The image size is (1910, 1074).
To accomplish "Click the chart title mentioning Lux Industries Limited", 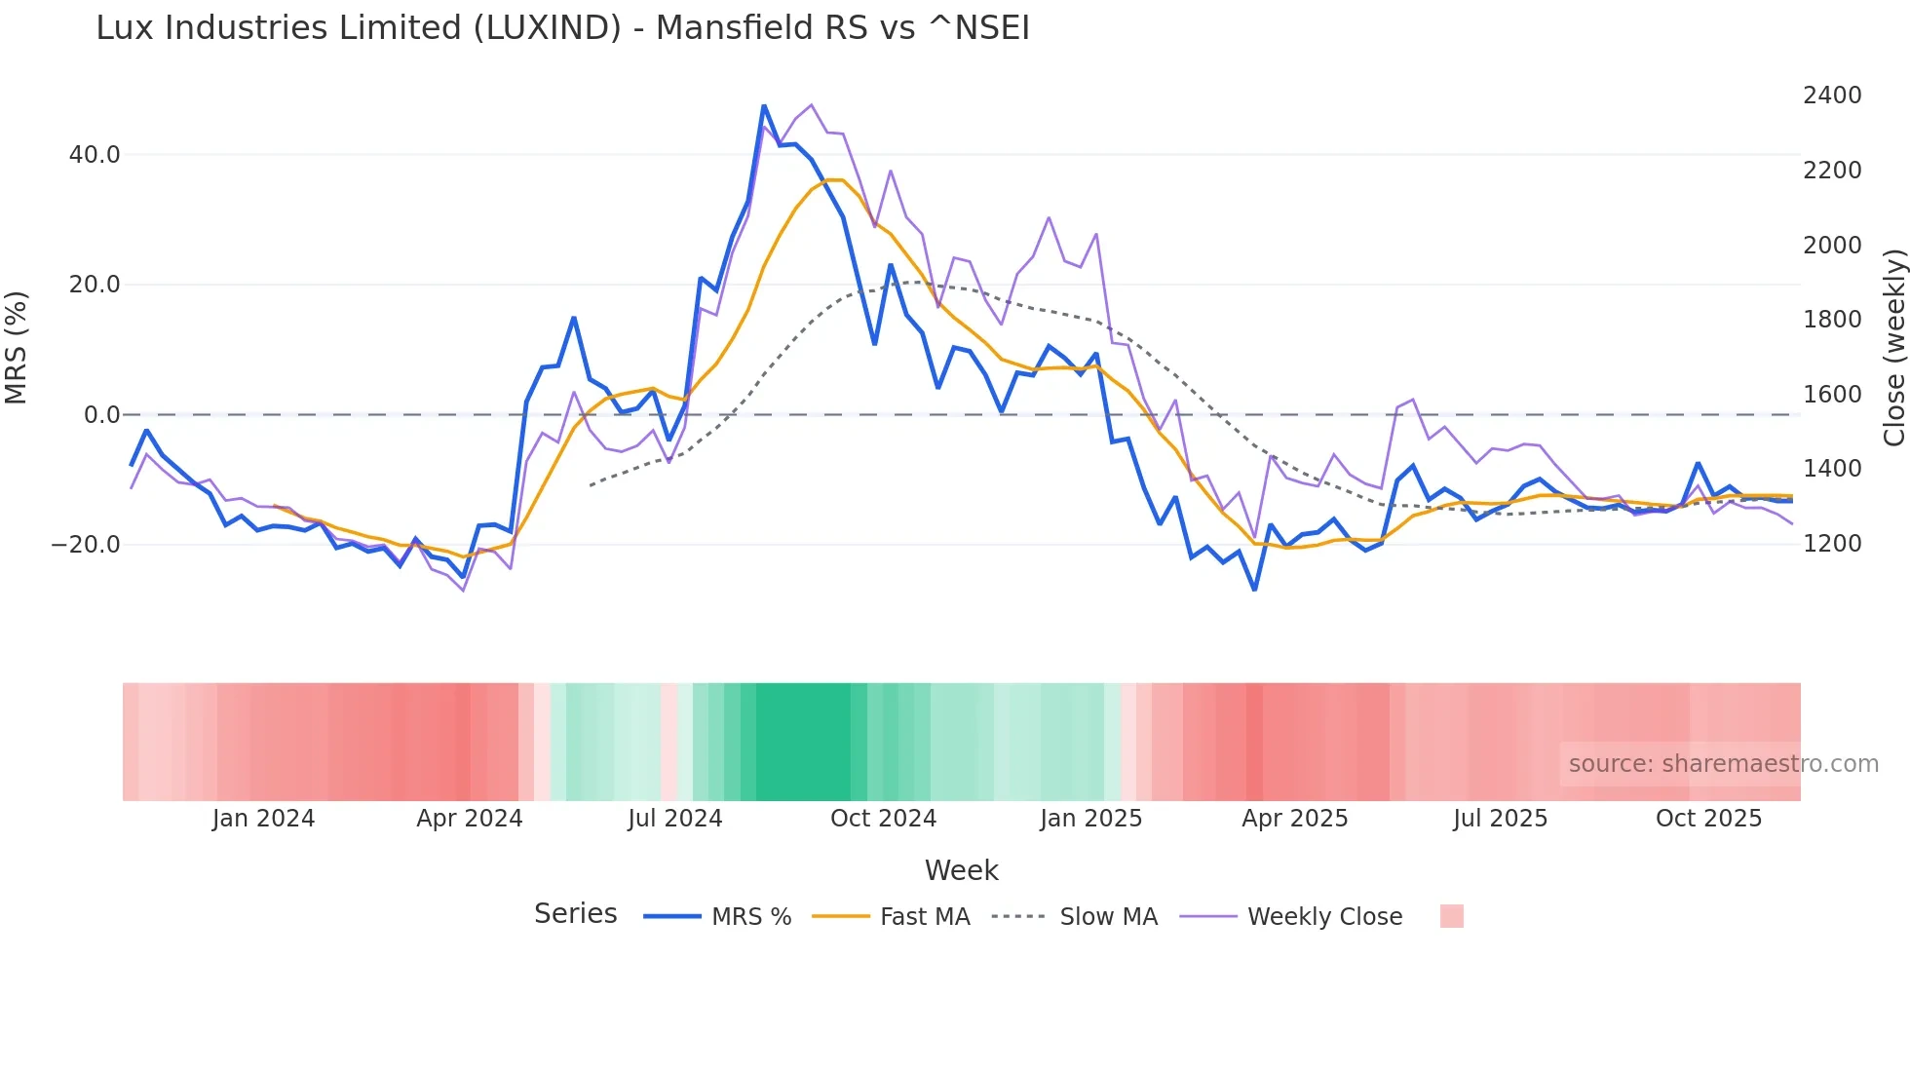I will tap(562, 28).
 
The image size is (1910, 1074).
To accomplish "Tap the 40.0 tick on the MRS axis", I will tap(95, 155).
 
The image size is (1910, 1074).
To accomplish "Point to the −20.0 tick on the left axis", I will tap(86, 545).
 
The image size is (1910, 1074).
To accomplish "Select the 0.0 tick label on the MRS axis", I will tap(102, 415).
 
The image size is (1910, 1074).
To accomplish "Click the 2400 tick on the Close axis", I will tap(1832, 96).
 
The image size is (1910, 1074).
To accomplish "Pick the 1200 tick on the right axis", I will tap(1832, 544).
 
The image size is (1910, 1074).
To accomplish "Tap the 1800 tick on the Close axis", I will tap(1832, 320).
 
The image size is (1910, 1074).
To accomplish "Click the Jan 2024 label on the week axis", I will tap(263, 819).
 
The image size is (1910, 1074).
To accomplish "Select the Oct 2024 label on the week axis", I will tap(883, 819).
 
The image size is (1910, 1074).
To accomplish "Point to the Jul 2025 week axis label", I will tap(1500, 819).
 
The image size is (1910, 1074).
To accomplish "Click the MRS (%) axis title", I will tap(17, 348).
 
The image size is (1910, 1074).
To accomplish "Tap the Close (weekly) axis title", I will tap(1893, 348).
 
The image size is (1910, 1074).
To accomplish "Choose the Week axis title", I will tap(961, 870).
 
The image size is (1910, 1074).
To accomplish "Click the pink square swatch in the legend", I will tap(1451, 916).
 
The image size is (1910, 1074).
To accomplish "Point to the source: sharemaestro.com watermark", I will tap(1723, 764).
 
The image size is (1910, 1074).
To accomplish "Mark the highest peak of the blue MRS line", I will tap(764, 105).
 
